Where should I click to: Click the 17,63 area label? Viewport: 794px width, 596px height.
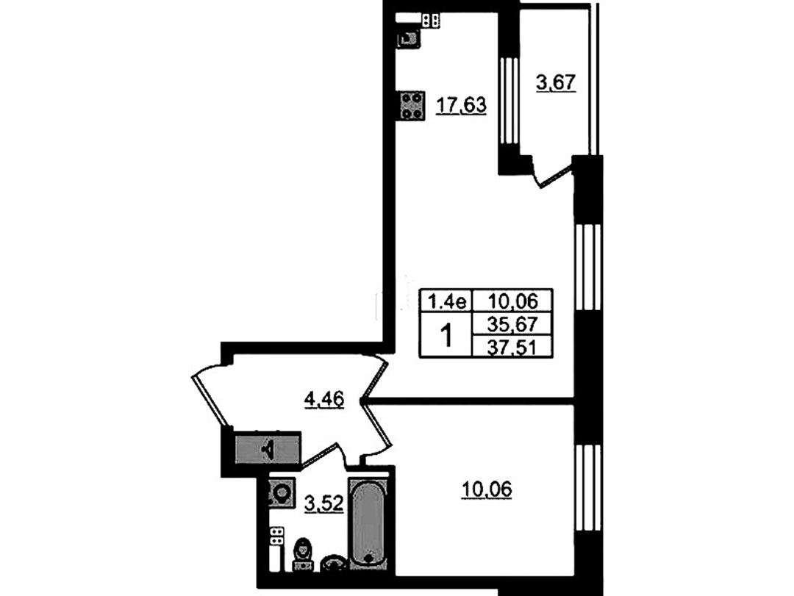coord(461,105)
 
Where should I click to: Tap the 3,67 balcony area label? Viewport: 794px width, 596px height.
coord(556,82)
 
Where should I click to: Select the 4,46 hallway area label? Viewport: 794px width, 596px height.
coord(324,400)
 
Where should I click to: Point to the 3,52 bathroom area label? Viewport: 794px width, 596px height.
coord(324,503)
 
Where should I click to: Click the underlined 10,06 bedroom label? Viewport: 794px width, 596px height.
coord(487,489)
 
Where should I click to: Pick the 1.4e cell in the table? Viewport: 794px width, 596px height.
coord(446,302)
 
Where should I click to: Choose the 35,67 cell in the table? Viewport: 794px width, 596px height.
coord(512,323)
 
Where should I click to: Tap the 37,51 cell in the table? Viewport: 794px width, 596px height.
coord(512,347)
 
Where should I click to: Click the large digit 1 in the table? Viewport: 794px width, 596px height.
coord(446,335)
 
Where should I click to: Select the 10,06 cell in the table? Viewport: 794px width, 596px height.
coord(512,302)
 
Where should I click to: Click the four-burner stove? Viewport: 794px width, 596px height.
coord(411,105)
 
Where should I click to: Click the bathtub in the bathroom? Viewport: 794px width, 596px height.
coord(368,523)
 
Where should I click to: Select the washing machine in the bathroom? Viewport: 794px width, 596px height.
coord(281,491)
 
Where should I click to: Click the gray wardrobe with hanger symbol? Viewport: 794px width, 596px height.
coord(268,448)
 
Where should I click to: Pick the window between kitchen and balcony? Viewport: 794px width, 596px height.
coord(509,101)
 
